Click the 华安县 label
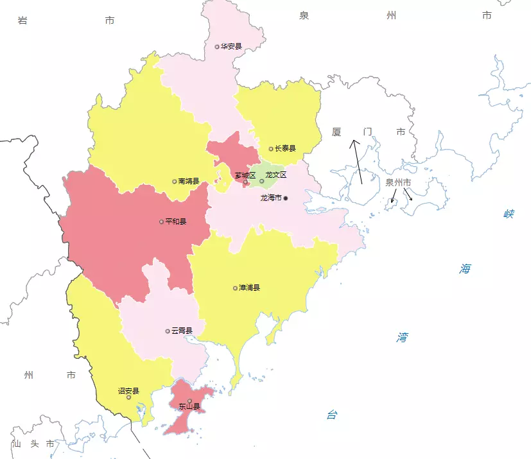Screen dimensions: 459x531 pyautogui.click(x=231, y=46)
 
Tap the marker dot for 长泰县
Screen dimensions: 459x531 pyautogui.click(x=271, y=149)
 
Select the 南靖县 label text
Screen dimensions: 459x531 pyautogui.click(x=188, y=182)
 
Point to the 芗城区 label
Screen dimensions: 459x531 pyautogui.click(x=245, y=175)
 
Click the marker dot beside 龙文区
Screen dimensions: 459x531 pyautogui.click(x=261, y=181)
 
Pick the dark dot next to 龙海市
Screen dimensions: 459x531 pyautogui.click(x=286, y=198)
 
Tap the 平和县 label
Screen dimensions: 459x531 pyautogui.click(x=175, y=222)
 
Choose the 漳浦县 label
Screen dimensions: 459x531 pyautogui.click(x=249, y=288)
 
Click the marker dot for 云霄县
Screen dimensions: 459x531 pyautogui.click(x=168, y=331)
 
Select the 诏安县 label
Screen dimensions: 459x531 pyautogui.click(x=128, y=390)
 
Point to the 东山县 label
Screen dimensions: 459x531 pyautogui.click(x=189, y=406)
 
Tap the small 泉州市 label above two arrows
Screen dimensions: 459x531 pyautogui.click(x=398, y=182)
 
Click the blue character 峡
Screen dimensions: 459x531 pyautogui.click(x=509, y=214)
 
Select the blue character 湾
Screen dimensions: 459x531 pyautogui.click(x=402, y=337)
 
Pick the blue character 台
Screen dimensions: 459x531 pyautogui.click(x=331, y=415)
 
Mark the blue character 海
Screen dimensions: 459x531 pyautogui.click(x=465, y=269)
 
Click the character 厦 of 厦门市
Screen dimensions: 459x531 pyautogui.click(x=336, y=132)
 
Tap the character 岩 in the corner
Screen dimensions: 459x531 pyautogui.click(x=22, y=21)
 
